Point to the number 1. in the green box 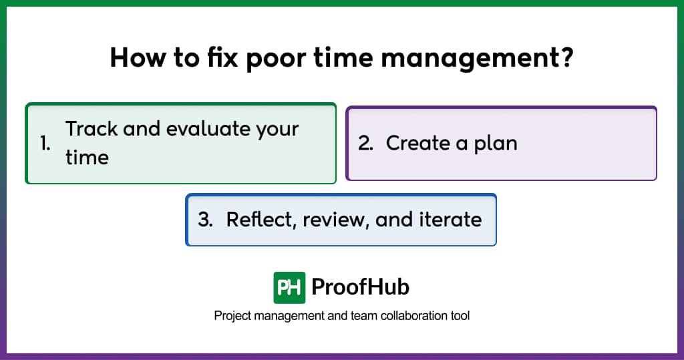(45, 143)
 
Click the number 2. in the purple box (365, 143)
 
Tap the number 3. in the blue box (205, 219)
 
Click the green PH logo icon (289, 287)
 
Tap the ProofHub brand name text (360, 287)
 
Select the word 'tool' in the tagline (460, 315)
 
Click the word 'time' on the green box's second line (87, 158)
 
